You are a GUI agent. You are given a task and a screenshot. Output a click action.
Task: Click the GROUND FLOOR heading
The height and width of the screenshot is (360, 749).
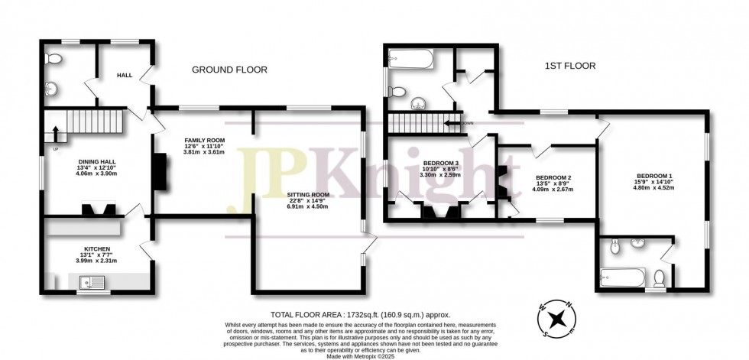click(229, 70)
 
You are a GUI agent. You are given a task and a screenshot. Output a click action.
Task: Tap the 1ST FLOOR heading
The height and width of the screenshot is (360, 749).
click(569, 66)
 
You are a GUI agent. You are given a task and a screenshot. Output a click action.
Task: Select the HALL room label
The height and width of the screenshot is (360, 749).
click(125, 76)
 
